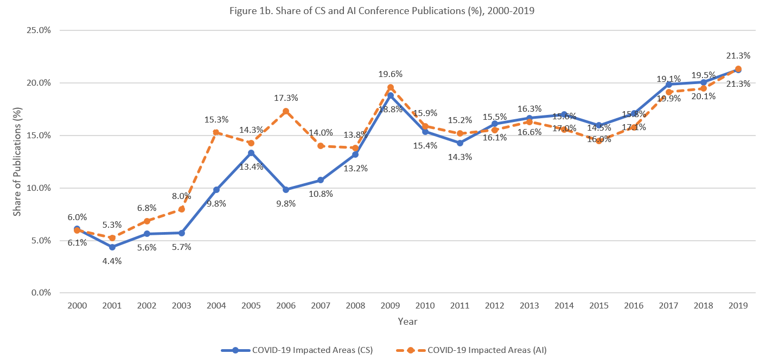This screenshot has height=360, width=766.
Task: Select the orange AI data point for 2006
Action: pyautogui.click(x=286, y=111)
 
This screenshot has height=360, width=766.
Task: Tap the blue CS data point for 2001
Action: pyautogui.click(x=112, y=247)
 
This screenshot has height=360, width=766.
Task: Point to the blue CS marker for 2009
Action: pyautogui.click(x=390, y=95)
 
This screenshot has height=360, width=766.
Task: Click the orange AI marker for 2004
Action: pyautogui.click(x=216, y=132)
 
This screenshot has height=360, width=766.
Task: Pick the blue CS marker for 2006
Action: pyautogui.click(x=286, y=190)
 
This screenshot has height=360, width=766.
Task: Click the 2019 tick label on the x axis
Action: pyautogui.click(x=738, y=306)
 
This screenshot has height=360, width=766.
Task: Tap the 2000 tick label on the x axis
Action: pyautogui.click(x=77, y=306)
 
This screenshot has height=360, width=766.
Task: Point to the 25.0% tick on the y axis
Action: pyautogui.click(x=39, y=30)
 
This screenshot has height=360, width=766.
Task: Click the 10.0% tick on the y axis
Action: pyautogui.click(x=39, y=188)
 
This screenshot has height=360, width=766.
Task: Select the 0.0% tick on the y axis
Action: pyautogui.click(x=41, y=293)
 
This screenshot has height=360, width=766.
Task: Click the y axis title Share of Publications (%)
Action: pyautogui.click(x=17, y=162)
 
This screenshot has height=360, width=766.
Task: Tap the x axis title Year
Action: pyautogui.click(x=407, y=322)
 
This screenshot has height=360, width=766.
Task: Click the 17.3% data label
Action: pyautogui.click(x=286, y=98)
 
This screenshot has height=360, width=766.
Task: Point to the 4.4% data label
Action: pyautogui.click(x=112, y=261)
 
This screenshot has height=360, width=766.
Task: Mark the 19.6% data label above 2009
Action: pyautogui.click(x=390, y=74)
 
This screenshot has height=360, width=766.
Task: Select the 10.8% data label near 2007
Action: pyautogui.click(x=321, y=194)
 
